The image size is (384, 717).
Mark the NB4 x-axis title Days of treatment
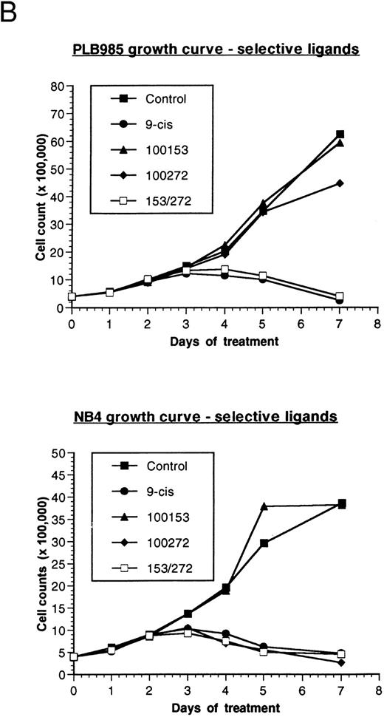point(224,707)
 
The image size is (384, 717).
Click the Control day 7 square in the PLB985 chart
point(340,135)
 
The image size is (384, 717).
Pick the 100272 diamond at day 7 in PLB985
point(340,183)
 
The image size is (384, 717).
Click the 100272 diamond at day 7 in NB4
point(340,662)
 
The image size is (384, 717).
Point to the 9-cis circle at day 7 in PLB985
point(340,300)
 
